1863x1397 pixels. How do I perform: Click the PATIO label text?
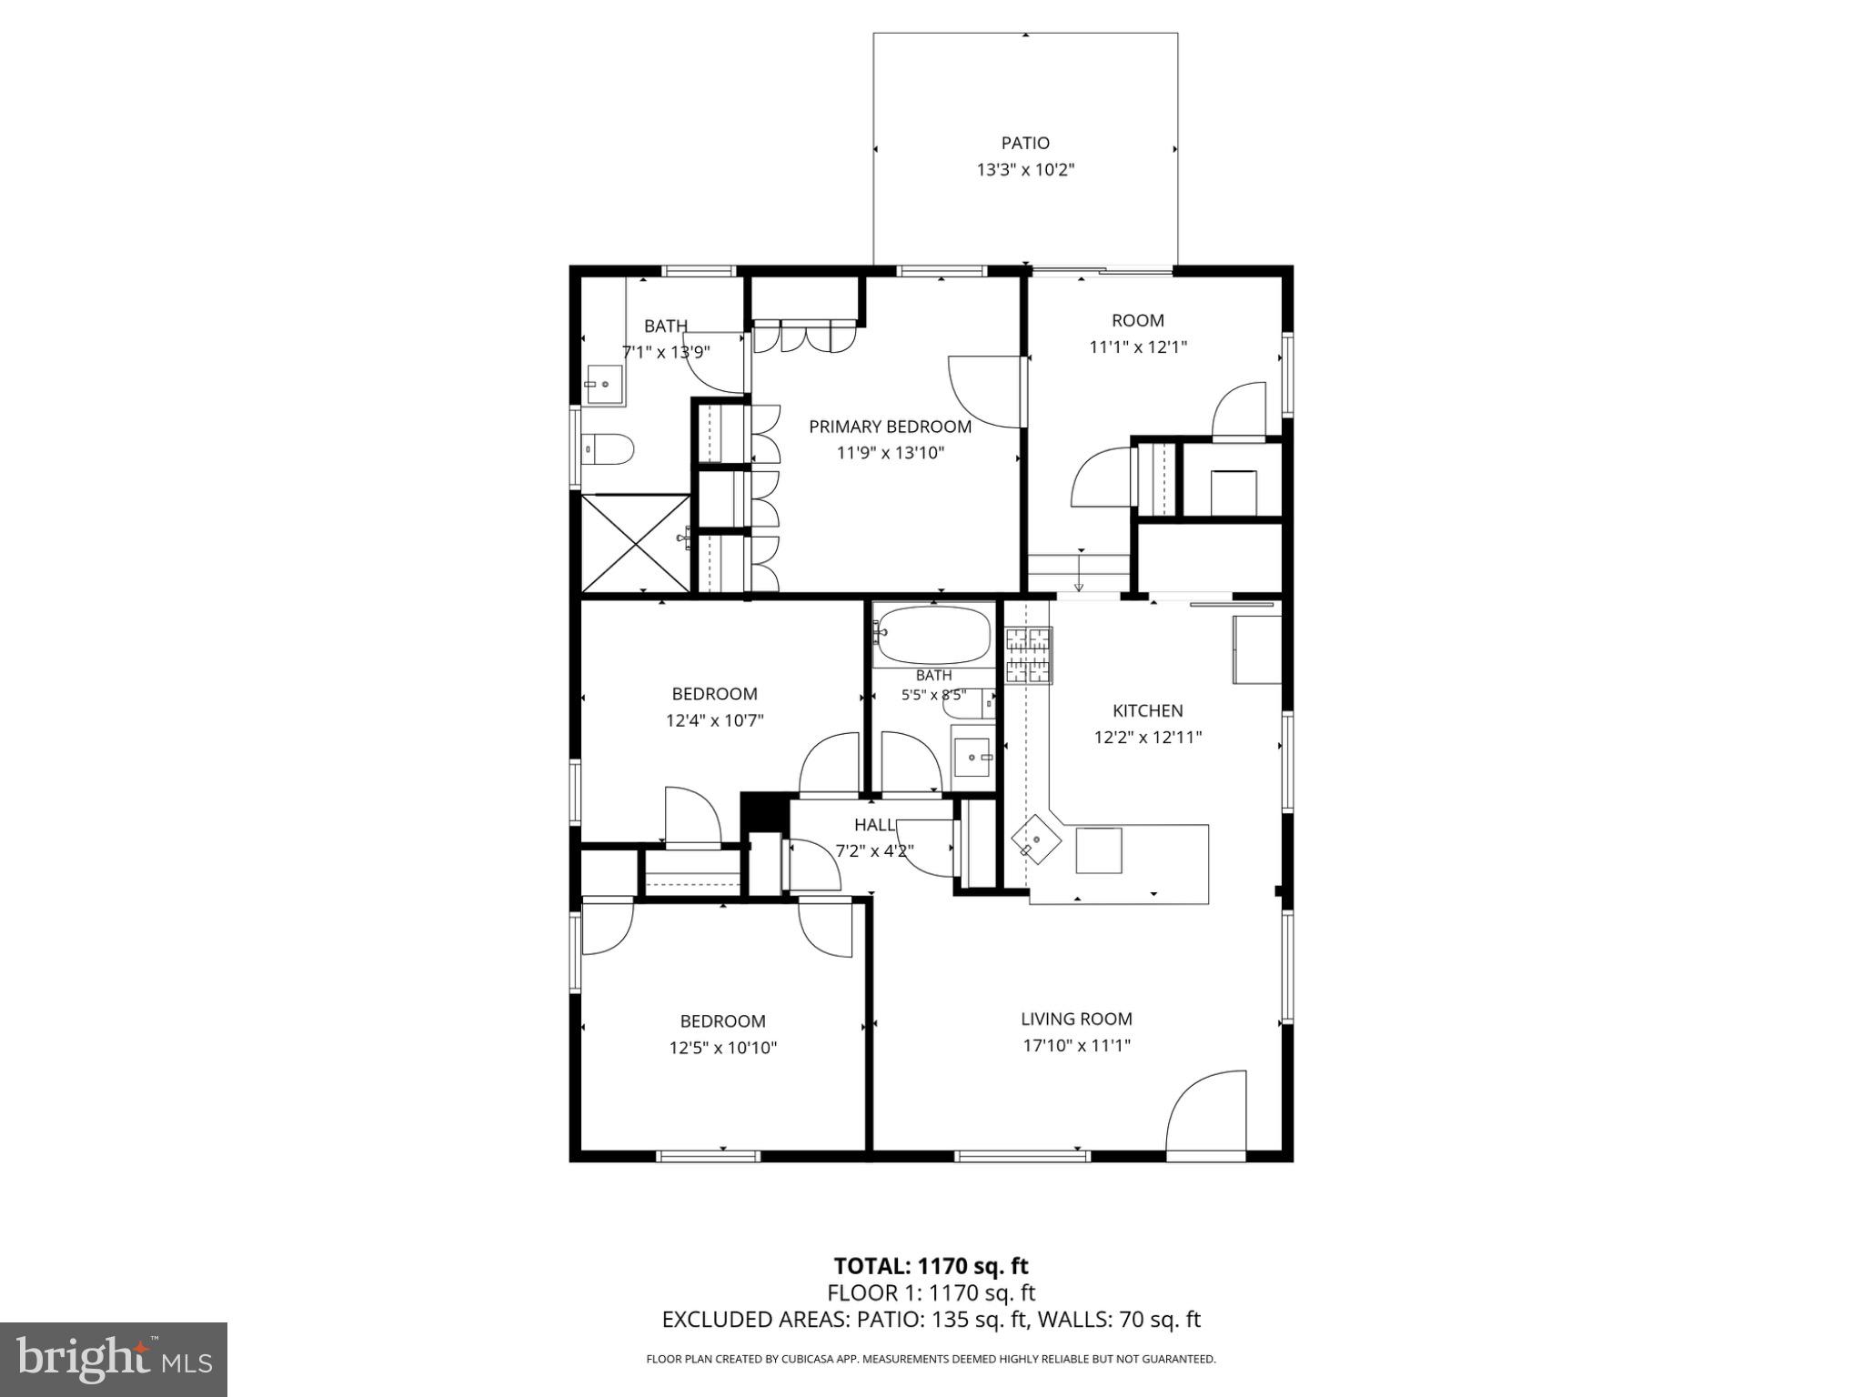[1025, 143]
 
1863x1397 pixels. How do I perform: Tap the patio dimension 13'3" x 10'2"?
[1025, 169]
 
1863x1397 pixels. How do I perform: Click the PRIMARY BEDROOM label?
[890, 427]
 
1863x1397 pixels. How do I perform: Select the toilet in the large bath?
[609, 448]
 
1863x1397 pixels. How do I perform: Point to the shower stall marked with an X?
[635, 543]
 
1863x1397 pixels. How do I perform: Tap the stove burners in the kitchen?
[1028, 655]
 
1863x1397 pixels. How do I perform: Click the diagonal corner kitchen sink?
[1035, 839]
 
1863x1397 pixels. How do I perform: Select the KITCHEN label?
[1147, 711]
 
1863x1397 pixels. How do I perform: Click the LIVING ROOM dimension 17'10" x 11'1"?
[1076, 1046]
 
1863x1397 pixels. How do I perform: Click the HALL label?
[874, 825]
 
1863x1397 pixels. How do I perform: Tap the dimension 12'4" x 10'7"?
[714, 721]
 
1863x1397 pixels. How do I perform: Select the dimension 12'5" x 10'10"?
[722, 1048]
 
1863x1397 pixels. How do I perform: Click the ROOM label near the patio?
[1137, 320]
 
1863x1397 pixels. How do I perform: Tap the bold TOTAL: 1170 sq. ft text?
[931, 1266]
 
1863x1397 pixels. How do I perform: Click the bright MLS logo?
[114, 1359]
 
